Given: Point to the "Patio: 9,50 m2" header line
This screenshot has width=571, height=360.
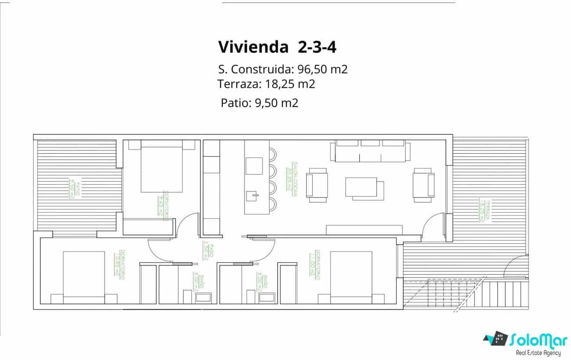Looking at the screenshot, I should tap(260, 103).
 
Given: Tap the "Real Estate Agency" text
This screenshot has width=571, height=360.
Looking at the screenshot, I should tap(538, 353).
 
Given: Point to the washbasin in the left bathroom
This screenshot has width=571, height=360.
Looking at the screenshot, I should tap(203, 298).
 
